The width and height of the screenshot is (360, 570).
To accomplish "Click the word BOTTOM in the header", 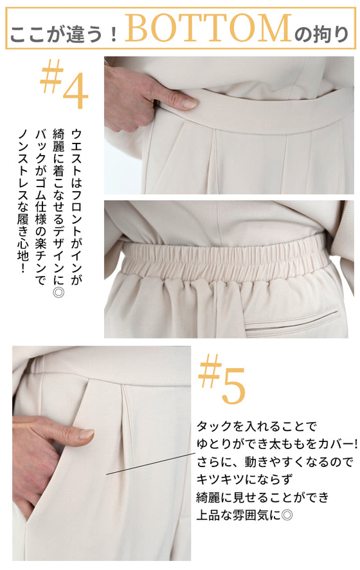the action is point(208,28).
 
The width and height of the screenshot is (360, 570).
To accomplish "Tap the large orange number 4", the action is point(76,91).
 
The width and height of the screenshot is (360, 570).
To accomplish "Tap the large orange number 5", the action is point(233,386).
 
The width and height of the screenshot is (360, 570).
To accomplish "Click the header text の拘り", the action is point(321,34).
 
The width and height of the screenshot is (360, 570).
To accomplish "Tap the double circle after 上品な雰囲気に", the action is point(287,515).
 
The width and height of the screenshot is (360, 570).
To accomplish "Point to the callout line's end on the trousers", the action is point(107,474).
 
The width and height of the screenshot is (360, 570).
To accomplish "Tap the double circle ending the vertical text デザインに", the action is point(59,292).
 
